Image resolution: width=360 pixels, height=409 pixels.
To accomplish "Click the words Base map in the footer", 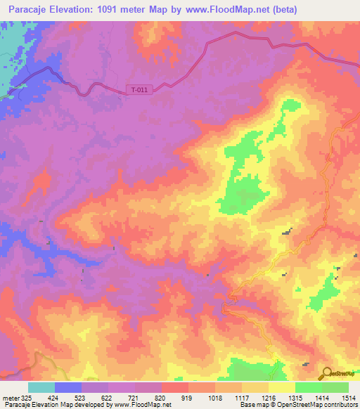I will coord(247,404).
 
